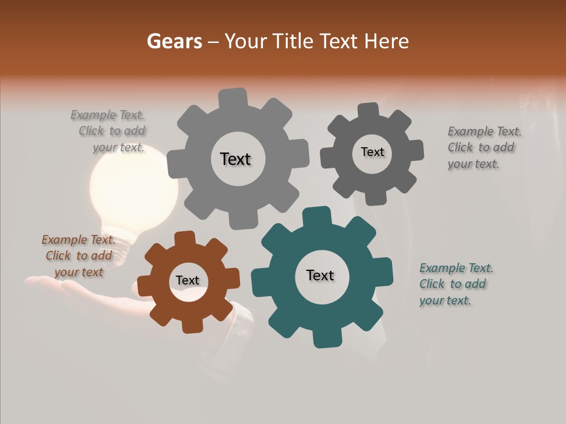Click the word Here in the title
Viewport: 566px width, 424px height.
[x=386, y=41]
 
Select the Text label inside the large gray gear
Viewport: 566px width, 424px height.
[x=235, y=159]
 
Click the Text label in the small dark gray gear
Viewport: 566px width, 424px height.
[x=372, y=152]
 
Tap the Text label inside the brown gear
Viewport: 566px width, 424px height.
[x=187, y=280]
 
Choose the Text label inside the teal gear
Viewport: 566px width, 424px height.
[x=320, y=275]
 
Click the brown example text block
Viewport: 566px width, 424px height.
[x=78, y=256]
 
